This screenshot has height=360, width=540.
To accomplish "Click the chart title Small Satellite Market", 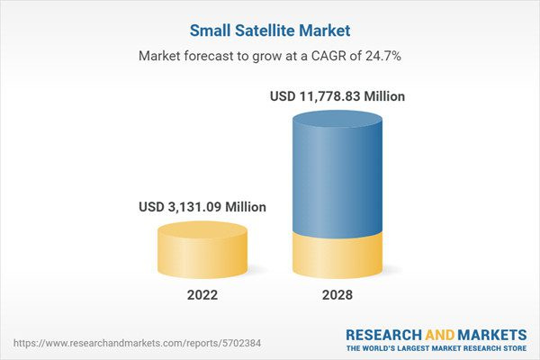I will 269,31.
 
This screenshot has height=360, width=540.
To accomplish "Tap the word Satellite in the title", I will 265,31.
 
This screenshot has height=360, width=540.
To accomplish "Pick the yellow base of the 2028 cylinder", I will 339,256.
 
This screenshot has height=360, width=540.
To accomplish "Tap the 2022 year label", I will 202,294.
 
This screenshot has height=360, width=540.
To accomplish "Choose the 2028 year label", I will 339,294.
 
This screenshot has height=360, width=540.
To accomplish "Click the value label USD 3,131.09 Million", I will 202,206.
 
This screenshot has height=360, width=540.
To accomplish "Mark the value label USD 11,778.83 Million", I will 338,95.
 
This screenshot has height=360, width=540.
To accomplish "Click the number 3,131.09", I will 199,206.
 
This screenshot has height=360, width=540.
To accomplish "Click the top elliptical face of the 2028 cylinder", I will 339,119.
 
